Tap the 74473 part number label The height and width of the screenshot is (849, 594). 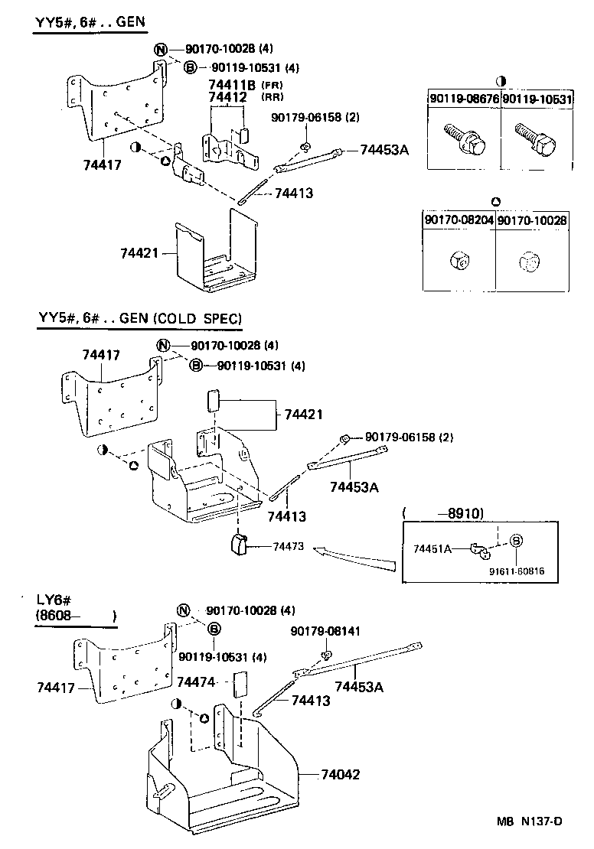(x=289, y=547)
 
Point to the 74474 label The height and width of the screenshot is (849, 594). (x=197, y=681)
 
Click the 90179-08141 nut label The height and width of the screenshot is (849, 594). (x=325, y=631)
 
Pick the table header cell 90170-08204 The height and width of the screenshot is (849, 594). (x=459, y=220)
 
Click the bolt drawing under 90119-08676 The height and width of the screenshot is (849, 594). (x=462, y=139)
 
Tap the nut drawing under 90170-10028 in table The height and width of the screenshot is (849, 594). (x=530, y=262)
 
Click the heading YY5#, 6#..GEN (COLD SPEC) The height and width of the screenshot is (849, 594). (x=140, y=318)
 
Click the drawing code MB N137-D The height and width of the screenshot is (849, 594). (x=529, y=821)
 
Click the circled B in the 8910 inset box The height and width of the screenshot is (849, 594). (x=516, y=541)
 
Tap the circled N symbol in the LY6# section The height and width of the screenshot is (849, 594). (x=184, y=610)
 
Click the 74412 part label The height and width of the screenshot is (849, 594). (x=227, y=98)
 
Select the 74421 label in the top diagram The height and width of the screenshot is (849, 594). (x=139, y=252)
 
